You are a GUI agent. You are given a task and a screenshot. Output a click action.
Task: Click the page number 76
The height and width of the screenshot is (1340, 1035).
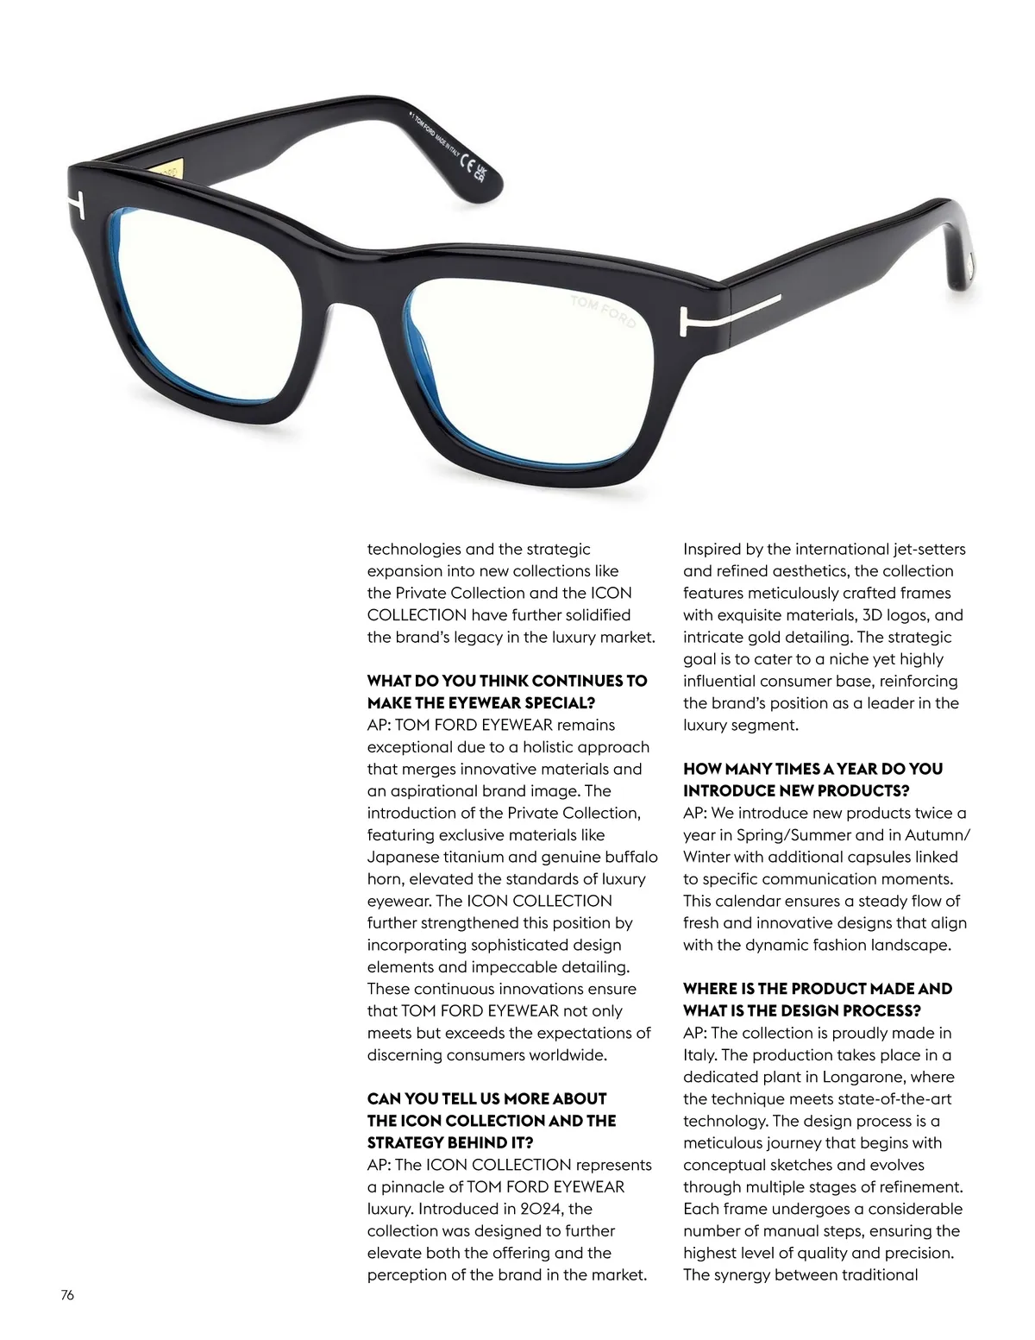tap(67, 1294)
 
